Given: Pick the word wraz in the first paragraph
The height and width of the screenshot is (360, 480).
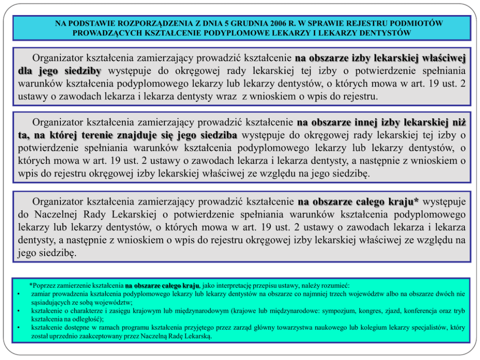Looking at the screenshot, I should point(229,96).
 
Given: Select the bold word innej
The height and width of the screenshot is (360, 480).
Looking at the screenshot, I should point(355,122).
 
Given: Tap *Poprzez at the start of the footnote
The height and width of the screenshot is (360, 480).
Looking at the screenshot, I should point(40,285).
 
